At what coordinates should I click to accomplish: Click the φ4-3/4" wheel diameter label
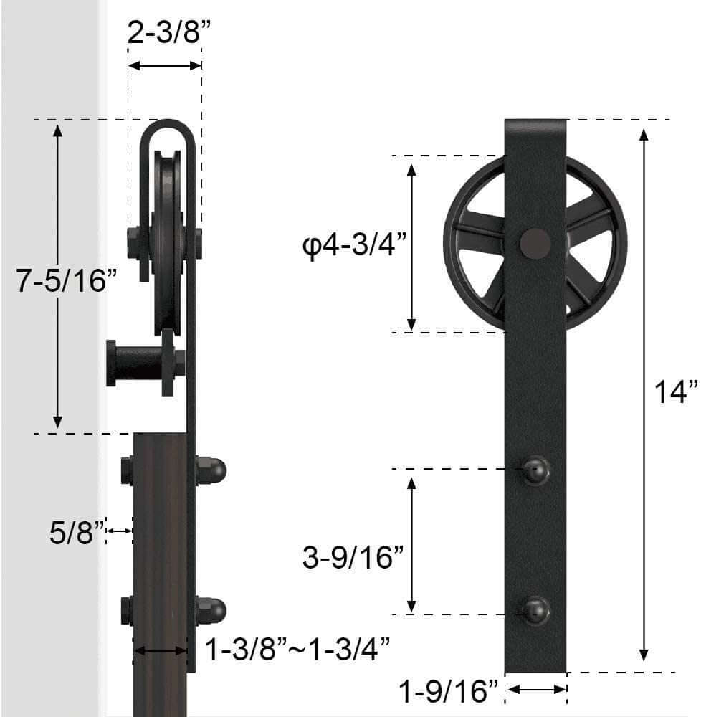click(x=354, y=246)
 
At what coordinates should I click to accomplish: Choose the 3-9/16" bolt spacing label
click(x=353, y=556)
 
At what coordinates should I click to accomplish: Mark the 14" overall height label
click(x=675, y=392)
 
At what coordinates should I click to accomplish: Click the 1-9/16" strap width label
click(x=449, y=692)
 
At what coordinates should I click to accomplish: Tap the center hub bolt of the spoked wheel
click(x=535, y=244)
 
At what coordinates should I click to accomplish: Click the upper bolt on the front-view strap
click(x=535, y=470)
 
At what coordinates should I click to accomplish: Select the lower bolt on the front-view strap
click(x=535, y=611)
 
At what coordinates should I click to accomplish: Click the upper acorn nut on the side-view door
click(x=212, y=470)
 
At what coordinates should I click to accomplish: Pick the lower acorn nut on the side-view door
click(x=212, y=610)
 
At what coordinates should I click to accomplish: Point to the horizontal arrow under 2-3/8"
click(x=164, y=65)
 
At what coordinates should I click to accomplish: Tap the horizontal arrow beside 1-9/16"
click(x=536, y=690)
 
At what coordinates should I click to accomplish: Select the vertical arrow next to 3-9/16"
click(x=411, y=542)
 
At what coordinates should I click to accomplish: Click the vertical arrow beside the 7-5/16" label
click(x=58, y=275)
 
